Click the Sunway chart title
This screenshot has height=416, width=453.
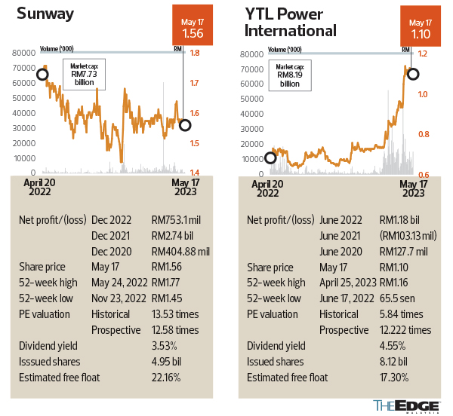coord(47,14)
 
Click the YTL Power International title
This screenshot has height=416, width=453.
coord(291,22)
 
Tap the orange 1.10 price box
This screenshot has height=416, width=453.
coord(421,25)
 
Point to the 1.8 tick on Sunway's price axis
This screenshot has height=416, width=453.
coord(195,53)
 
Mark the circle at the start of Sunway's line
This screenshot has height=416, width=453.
coord(43,74)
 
